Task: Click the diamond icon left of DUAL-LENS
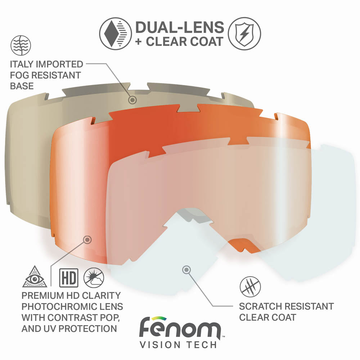pyautogui.click(x=114, y=33)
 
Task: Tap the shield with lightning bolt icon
pyautogui.click(x=245, y=33)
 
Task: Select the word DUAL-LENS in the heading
pyautogui.click(x=179, y=27)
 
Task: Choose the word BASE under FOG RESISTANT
pyautogui.click(x=22, y=86)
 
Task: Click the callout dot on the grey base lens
pyautogui.click(x=132, y=100)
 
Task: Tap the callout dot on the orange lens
pyautogui.click(x=87, y=239)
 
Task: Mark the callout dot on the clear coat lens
pyautogui.click(x=186, y=269)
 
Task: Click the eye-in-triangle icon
pyautogui.click(x=35, y=277)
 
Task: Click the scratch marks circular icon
pyautogui.click(x=250, y=287)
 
